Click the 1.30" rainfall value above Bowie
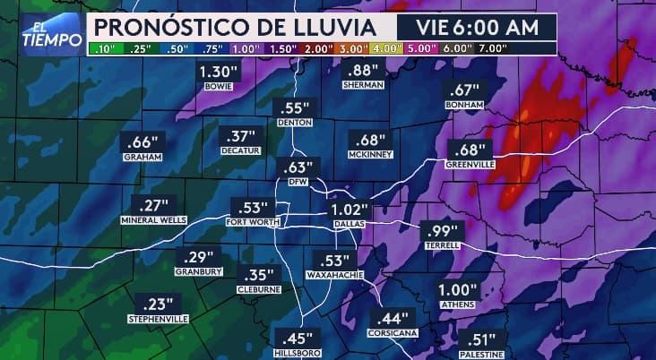217,72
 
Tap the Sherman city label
363,85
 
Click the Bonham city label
463,105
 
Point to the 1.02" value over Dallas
345,210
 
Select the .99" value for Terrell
440,230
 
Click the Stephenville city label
158,319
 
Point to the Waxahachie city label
335,275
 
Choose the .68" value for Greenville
470,149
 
